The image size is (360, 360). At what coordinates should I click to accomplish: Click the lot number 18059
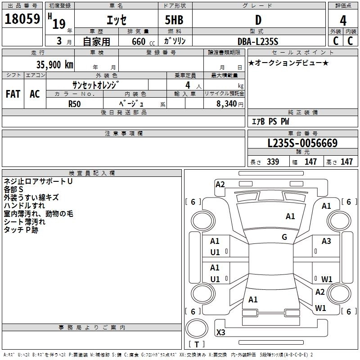pos(22,19)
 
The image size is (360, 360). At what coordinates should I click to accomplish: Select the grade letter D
pos(258,20)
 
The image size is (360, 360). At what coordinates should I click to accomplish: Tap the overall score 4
pos(343,21)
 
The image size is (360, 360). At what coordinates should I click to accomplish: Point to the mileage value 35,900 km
pos(54,65)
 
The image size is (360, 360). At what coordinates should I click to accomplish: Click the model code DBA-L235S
pos(258,41)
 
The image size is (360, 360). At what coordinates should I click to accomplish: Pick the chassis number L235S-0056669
pos(302,143)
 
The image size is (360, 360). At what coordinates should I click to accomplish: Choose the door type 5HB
pos(174,20)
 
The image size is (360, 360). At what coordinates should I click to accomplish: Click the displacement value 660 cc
pos(143,42)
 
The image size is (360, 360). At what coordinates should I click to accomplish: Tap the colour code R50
pos(74,104)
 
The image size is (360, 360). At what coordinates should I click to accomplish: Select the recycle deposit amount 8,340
pos(226,103)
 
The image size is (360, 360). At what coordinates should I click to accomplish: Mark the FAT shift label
pos(13,94)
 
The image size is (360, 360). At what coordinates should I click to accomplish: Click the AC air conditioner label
pos(35,94)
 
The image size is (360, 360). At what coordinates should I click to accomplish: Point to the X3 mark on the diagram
pos(220,332)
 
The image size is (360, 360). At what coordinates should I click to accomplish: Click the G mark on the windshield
pos(284,237)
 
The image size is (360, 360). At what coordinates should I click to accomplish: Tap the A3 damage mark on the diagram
pos(326,241)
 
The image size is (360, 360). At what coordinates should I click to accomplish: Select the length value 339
pos(273,162)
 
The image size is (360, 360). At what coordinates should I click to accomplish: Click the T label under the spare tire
pos(197,344)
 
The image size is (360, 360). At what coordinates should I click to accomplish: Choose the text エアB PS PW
pos(270,121)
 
